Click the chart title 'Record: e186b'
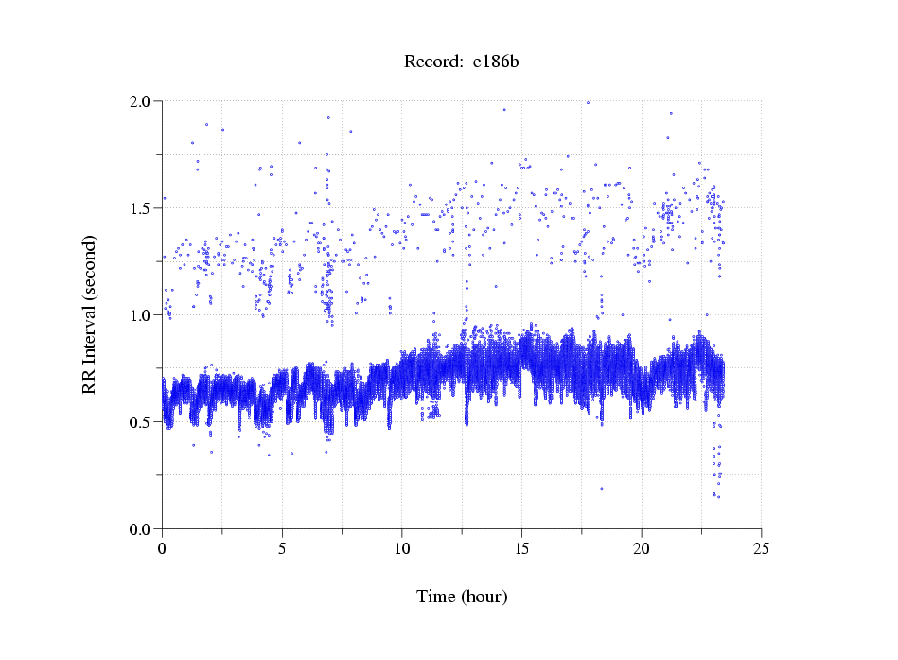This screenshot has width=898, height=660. pos(462,62)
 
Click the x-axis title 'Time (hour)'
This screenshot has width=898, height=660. pos(462,597)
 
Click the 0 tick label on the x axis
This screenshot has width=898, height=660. pos(162,547)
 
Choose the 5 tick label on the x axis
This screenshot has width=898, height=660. pos(282,547)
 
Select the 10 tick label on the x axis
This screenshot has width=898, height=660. pos(401,547)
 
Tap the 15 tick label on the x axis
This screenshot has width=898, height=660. pos(521,547)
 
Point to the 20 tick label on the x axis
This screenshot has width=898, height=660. pos(642,547)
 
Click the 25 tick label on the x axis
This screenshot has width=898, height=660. pos(761,547)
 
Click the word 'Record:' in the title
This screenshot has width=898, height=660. pos(431,62)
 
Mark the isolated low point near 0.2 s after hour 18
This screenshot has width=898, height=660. pos(601,489)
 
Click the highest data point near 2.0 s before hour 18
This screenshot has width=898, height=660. pos(588,102)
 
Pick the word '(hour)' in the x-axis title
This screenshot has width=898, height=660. pos(486,597)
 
